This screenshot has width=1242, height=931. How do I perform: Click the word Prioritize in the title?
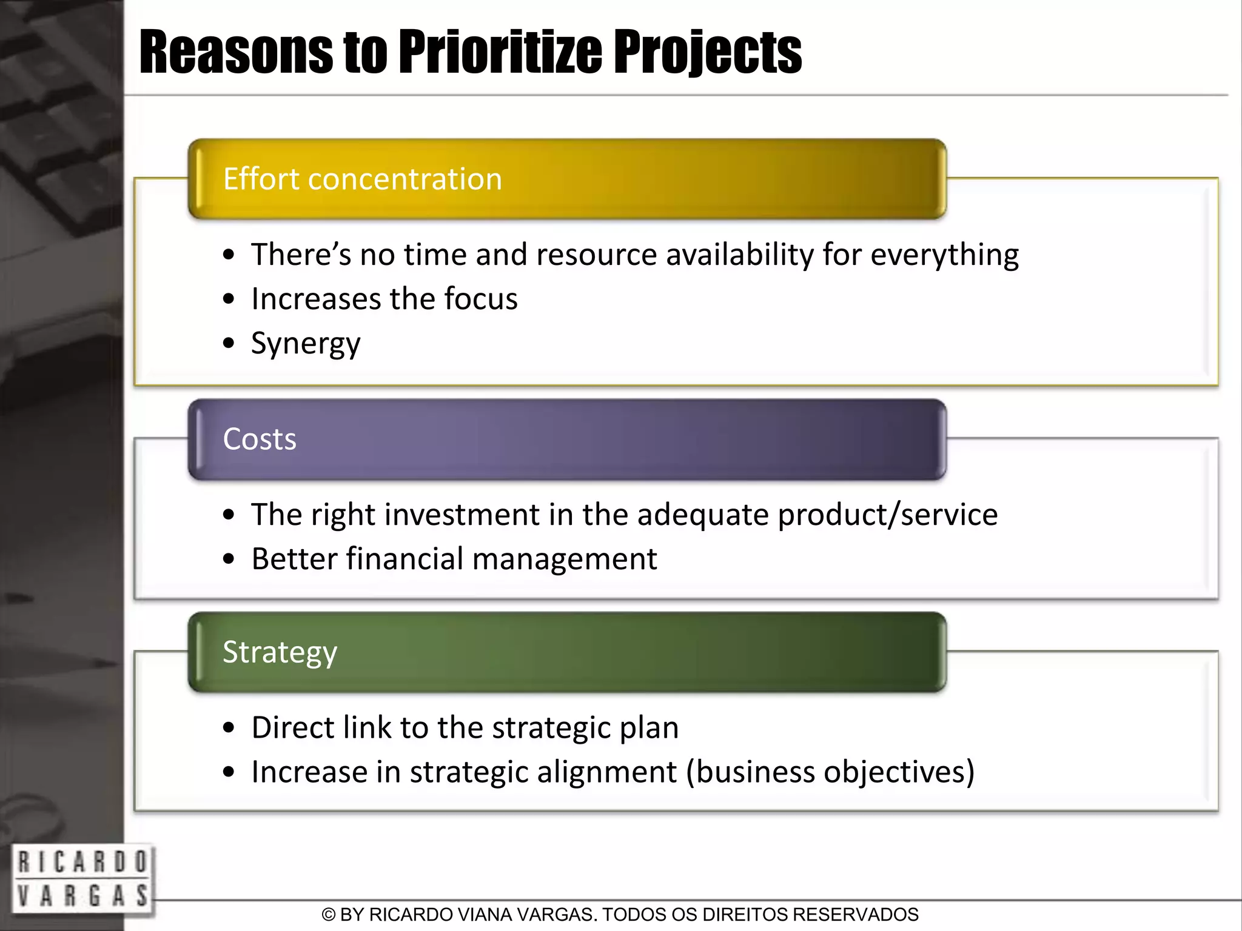pyautogui.click(x=500, y=53)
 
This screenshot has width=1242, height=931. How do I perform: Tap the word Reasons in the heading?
pyautogui.click(x=235, y=53)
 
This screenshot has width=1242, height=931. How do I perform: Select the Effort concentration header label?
pyautogui.click(x=363, y=179)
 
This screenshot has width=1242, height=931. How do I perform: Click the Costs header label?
pyautogui.click(x=260, y=439)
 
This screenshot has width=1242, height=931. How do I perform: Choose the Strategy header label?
pyautogui.click(x=280, y=653)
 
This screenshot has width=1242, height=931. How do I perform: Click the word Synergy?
pyautogui.click(x=306, y=344)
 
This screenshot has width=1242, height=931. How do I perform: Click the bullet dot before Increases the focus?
pyautogui.click(x=229, y=299)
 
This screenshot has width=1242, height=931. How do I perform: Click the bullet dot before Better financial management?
pyautogui.click(x=229, y=559)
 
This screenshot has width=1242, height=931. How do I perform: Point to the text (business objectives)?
pyautogui.click(x=830, y=772)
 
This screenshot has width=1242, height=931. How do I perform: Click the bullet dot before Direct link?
pyautogui.click(x=229, y=728)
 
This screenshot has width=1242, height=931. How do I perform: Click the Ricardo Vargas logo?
pyautogui.click(x=82, y=878)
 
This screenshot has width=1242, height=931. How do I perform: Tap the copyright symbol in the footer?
pyautogui.click(x=328, y=915)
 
